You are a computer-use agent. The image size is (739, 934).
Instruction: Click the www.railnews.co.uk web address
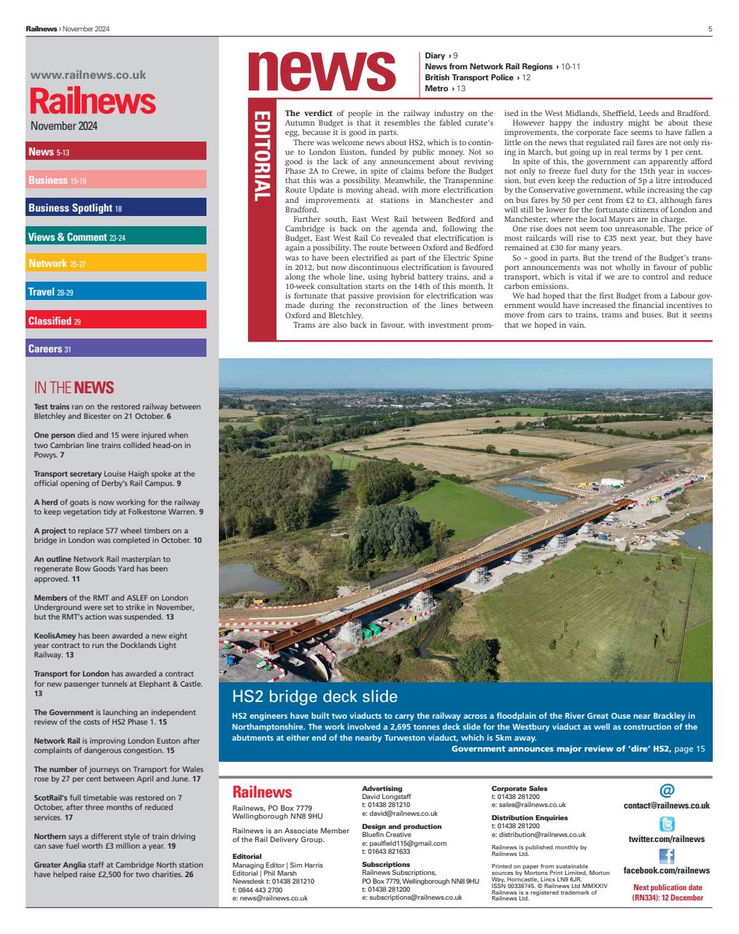(88, 74)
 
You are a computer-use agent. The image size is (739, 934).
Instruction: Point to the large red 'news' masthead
(321, 70)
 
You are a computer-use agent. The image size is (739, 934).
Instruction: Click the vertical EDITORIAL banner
(262, 156)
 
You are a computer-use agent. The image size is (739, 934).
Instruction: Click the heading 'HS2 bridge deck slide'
(314, 695)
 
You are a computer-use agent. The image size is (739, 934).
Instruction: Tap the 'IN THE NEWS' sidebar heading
(74, 387)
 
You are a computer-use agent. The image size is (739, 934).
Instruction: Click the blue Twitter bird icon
(666, 825)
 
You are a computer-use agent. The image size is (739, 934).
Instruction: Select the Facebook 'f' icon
(666, 856)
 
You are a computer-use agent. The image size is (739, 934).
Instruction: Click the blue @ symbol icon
(666, 790)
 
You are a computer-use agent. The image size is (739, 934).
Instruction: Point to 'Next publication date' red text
(667, 888)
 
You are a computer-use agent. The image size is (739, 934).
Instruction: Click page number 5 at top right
(710, 28)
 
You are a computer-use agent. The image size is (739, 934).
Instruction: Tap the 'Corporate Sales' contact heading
(519, 789)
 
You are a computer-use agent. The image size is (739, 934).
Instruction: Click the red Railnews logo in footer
(262, 792)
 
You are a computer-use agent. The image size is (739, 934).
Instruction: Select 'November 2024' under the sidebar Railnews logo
(63, 126)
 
